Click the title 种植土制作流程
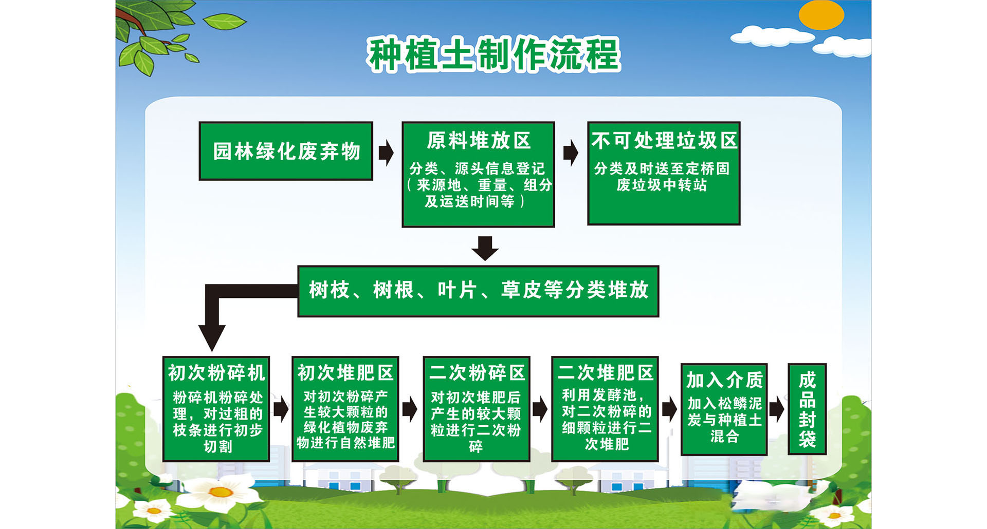tap(493, 54)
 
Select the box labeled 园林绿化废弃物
tap(286, 151)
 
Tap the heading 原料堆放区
tap(479, 140)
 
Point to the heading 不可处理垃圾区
tap(664, 140)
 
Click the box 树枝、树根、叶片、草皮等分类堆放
tap(478, 291)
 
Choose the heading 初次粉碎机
tap(216, 373)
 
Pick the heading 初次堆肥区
tap(345, 373)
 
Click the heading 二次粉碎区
tap(477, 373)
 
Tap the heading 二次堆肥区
tap(605, 373)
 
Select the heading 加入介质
tap(724, 380)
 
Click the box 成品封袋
tap(807, 409)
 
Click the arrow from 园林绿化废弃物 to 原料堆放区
tap(387, 153)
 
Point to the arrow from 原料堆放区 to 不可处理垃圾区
tap(571, 153)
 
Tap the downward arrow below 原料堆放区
tap(485, 249)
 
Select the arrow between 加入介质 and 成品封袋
tap(777, 409)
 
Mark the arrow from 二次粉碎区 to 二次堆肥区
tap(540, 409)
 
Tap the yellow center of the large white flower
tap(221, 493)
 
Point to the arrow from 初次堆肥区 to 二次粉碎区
tap(410, 409)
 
